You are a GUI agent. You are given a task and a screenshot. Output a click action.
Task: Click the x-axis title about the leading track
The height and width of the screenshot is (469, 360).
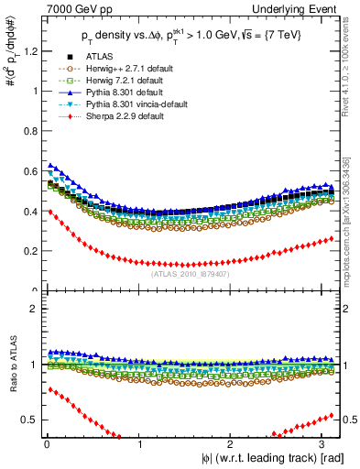coord(266,459)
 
